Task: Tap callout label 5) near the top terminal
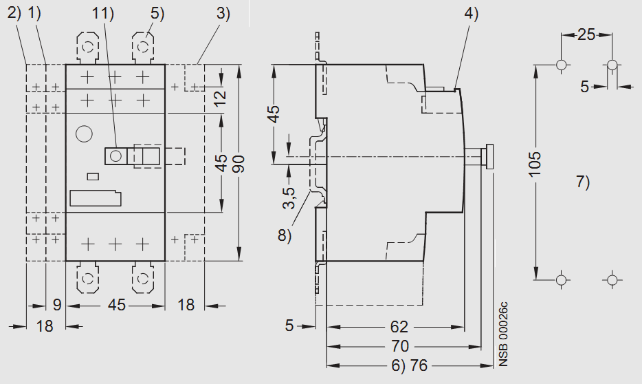[x=157, y=13]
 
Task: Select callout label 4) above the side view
[x=471, y=13]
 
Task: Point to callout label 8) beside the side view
[x=285, y=235]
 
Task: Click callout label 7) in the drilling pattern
[x=583, y=182]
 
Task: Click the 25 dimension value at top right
[x=586, y=34]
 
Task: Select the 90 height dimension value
[x=238, y=164]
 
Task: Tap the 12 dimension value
[x=220, y=96]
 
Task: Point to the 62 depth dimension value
[x=399, y=326]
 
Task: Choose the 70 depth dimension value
[x=399, y=345]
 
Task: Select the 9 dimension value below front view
[x=57, y=304]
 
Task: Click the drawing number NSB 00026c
[x=503, y=333]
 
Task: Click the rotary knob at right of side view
[x=489, y=156]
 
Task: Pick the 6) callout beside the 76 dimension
[x=397, y=365]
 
